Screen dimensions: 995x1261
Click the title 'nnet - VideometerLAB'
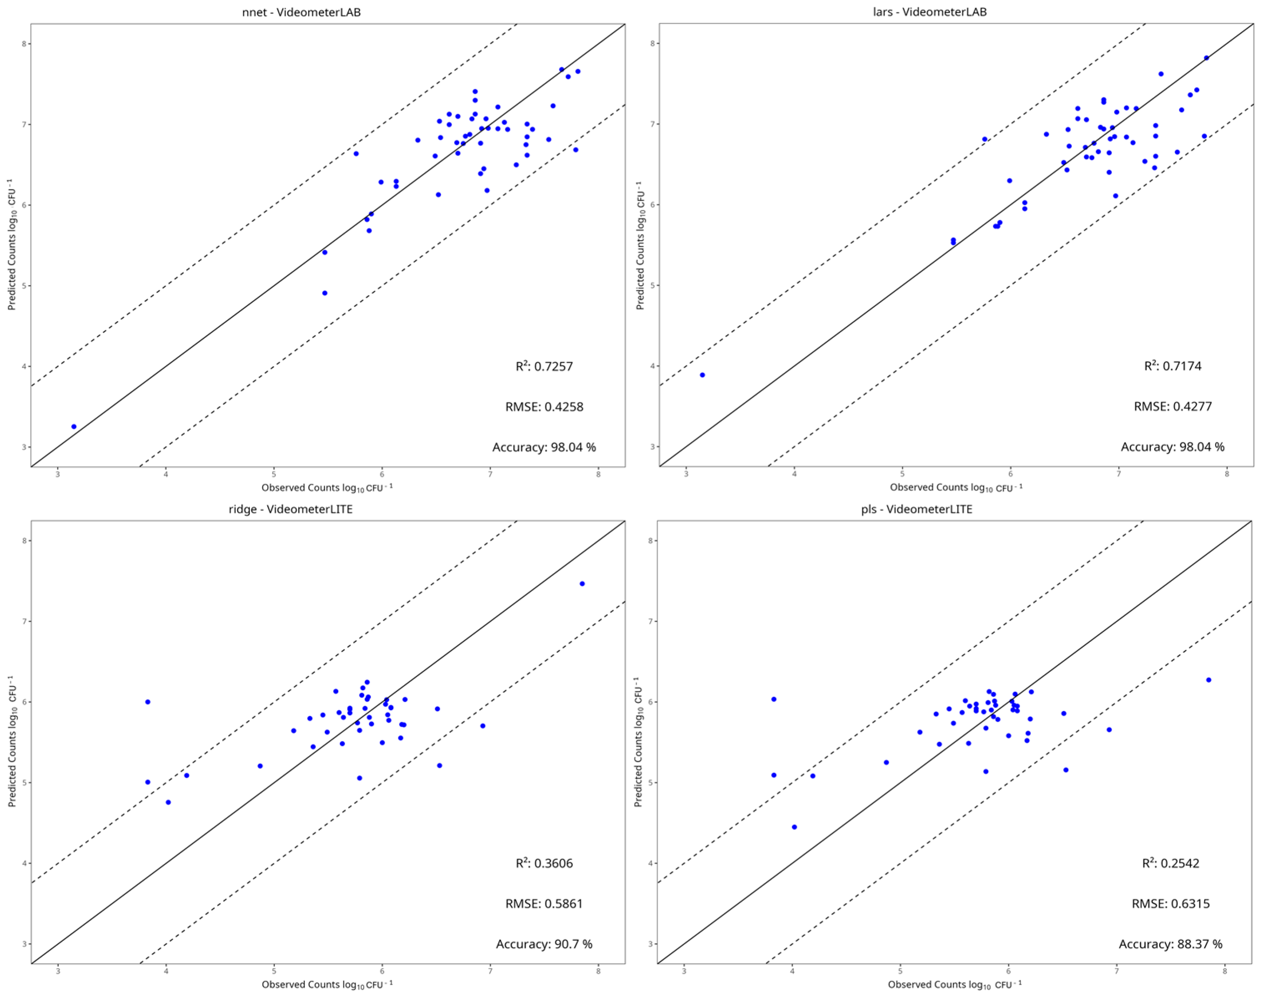coord(301,12)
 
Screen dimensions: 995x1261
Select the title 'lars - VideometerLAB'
coord(929,12)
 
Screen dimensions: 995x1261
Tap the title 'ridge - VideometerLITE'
coord(291,509)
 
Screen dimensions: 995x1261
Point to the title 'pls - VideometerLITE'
coord(917,509)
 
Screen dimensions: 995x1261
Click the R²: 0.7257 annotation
coord(544,367)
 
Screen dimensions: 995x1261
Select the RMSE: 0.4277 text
coord(1173,407)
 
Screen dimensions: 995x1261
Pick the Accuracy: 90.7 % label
coord(544,944)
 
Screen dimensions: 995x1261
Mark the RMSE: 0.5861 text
coord(544,904)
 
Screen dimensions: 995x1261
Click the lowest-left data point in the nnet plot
coord(74,427)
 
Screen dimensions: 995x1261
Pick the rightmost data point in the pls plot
coord(1208,680)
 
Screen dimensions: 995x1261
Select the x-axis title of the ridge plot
coord(327,985)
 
